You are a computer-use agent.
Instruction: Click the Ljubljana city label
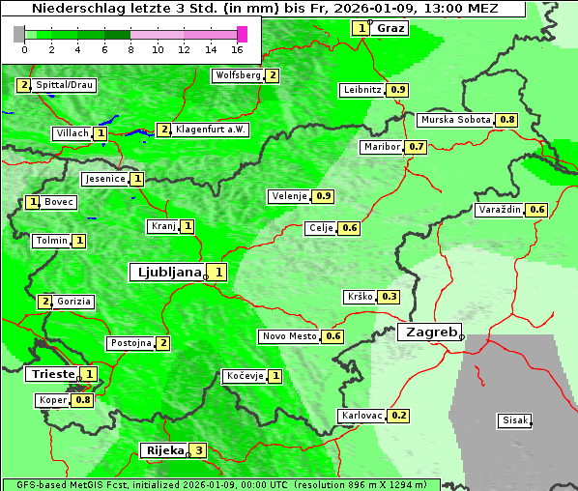(x=166, y=273)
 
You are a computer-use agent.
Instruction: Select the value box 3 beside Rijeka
(x=199, y=450)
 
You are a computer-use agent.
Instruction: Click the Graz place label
(x=390, y=28)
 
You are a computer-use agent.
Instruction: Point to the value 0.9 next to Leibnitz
(x=397, y=90)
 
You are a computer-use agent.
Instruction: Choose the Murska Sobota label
(x=455, y=120)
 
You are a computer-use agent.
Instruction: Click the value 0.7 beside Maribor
(x=416, y=147)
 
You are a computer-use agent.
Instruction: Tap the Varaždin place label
(x=500, y=210)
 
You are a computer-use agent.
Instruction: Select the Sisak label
(x=514, y=420)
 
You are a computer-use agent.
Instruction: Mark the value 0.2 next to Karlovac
(x=398, y=416)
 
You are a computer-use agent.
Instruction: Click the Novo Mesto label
(x=289, y=336)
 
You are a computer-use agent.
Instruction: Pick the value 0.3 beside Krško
(x=390, y=297)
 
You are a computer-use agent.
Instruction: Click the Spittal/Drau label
(x=64, y=85)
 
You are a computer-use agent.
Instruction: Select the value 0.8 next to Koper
(x=82, y=400)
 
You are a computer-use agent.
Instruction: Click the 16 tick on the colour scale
(x=238, y=49)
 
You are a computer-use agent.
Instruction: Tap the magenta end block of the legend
(x=242, y=34)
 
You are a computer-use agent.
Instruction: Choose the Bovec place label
(x=59, y=202)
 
